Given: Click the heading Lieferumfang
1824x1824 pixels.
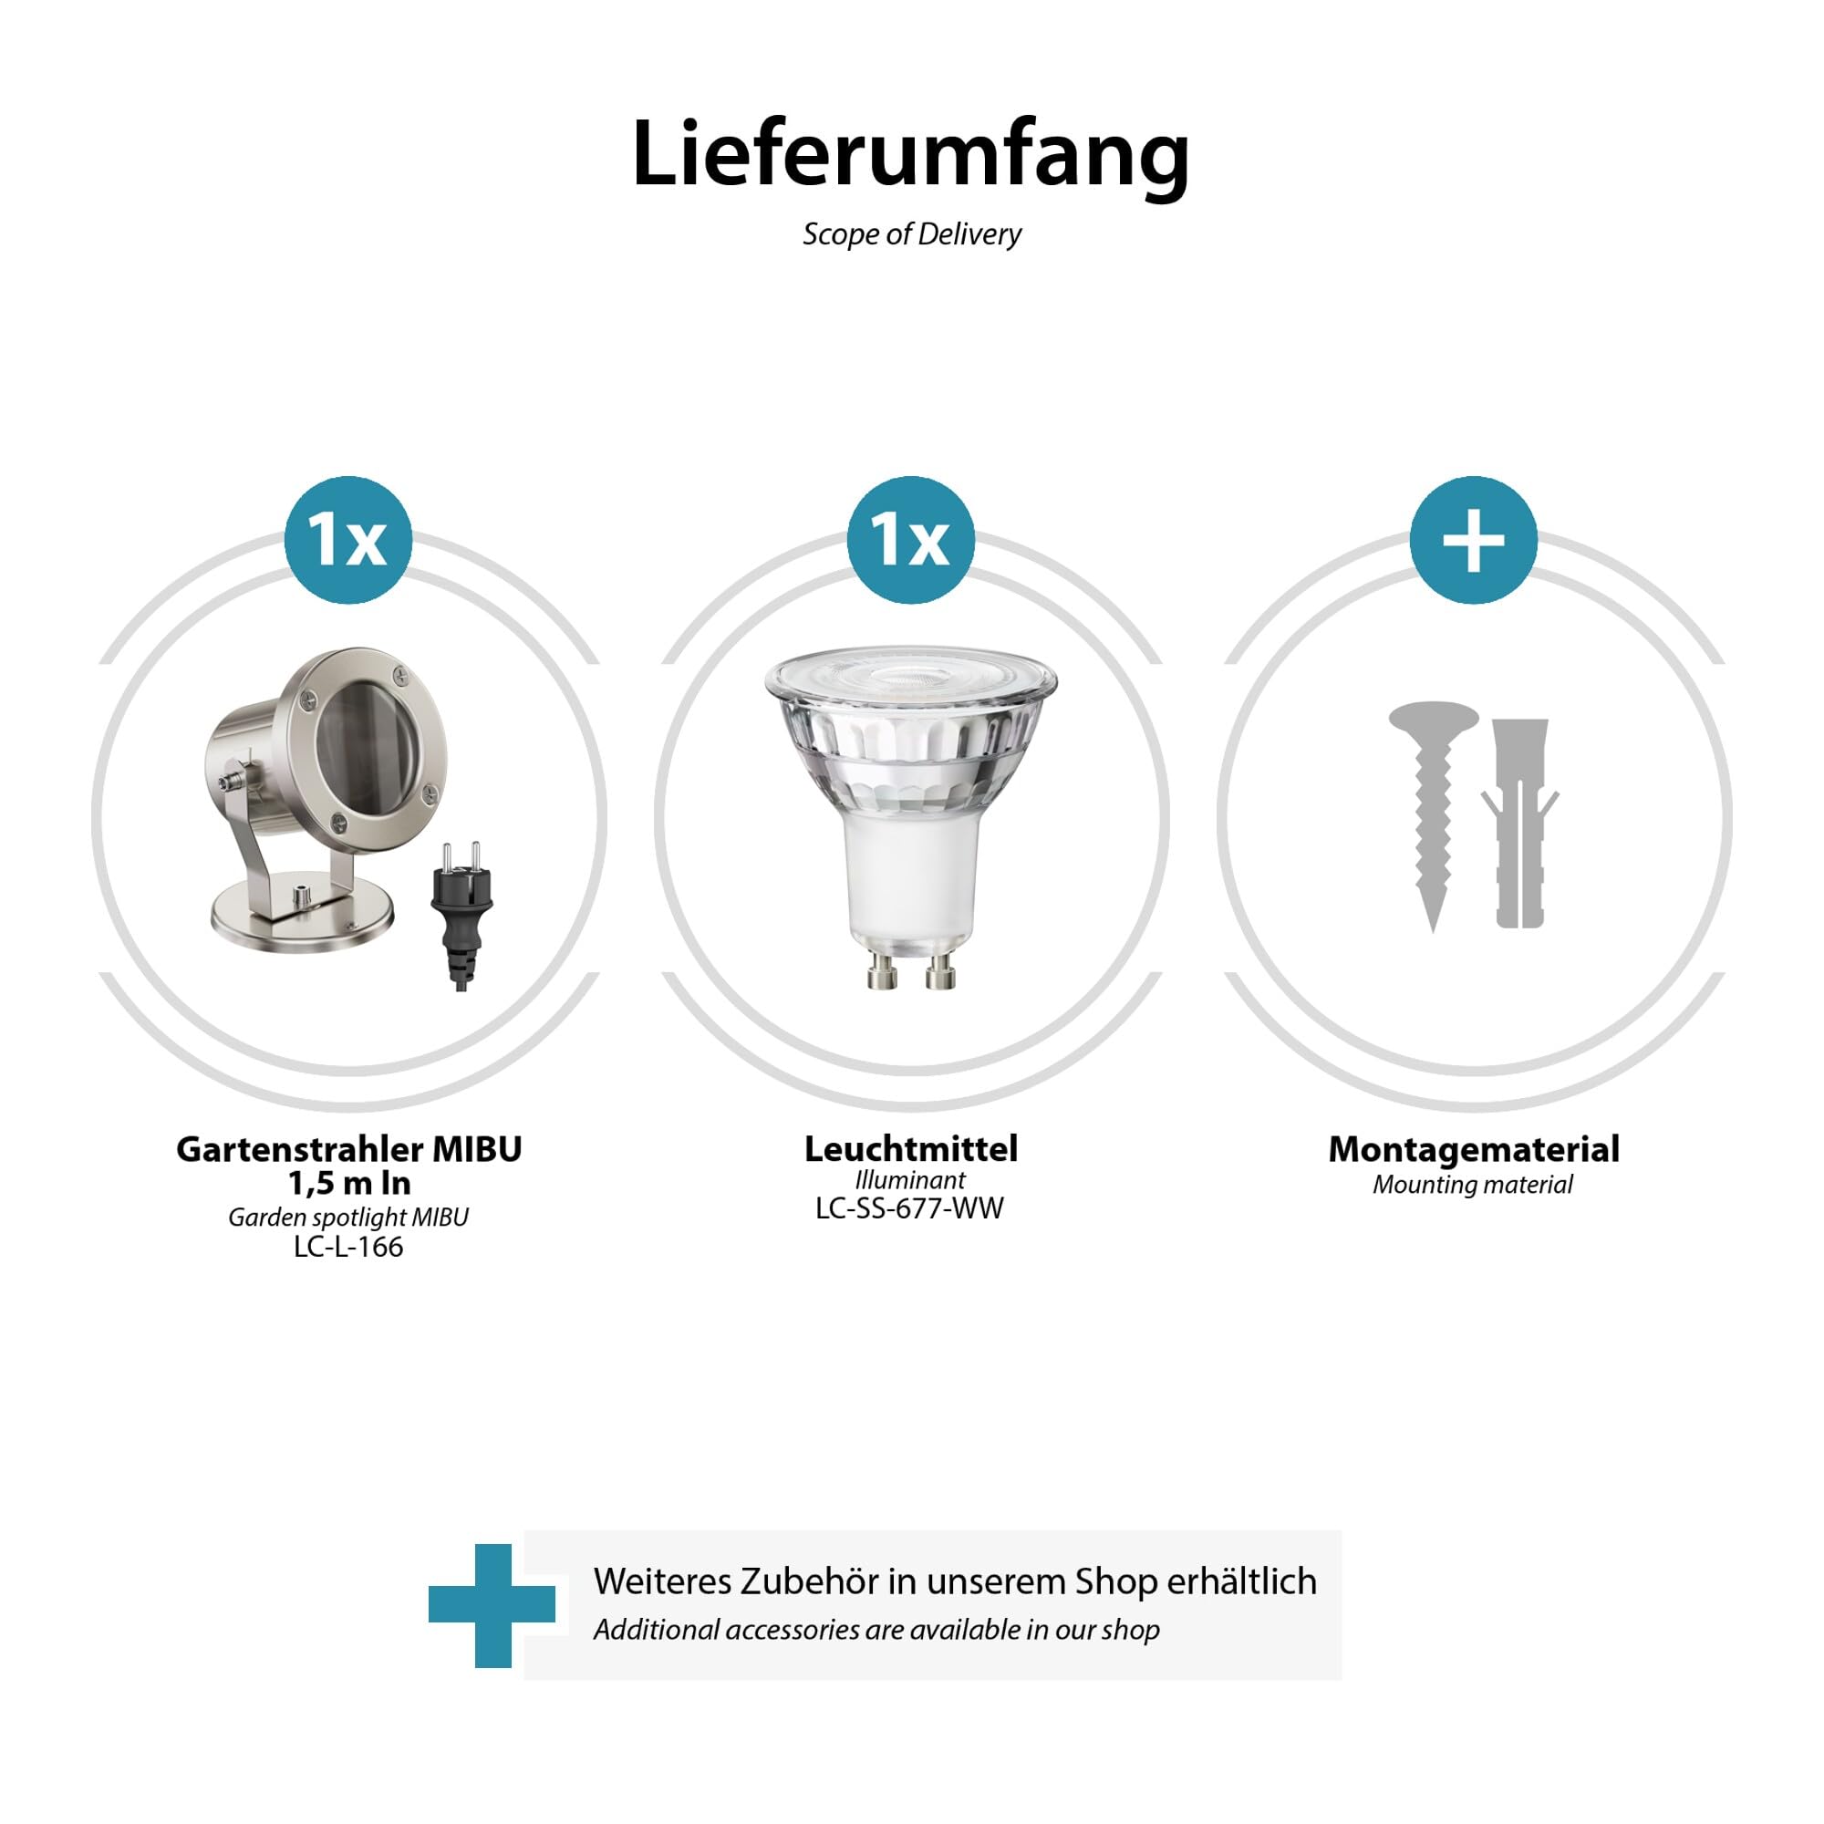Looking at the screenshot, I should [910, 154].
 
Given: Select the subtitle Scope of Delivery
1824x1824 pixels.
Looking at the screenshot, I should [911, 234].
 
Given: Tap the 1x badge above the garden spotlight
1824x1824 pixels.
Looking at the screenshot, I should [347, 540].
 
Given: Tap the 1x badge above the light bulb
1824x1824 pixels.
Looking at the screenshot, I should [910, 540].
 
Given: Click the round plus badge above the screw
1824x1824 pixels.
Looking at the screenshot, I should [1473, 540].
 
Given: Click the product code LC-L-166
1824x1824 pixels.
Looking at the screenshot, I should [348, 1247].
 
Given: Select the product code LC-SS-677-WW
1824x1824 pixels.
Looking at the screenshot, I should [909, 1208].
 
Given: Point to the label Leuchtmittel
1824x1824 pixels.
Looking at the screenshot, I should [910, 1149].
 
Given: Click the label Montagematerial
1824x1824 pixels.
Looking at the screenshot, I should [1473, 1149].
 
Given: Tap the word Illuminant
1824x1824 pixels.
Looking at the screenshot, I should [910, 1180].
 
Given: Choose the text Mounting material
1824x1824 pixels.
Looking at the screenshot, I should [1473, 1185].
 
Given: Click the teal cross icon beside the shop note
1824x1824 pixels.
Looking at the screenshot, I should [492, 1606].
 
